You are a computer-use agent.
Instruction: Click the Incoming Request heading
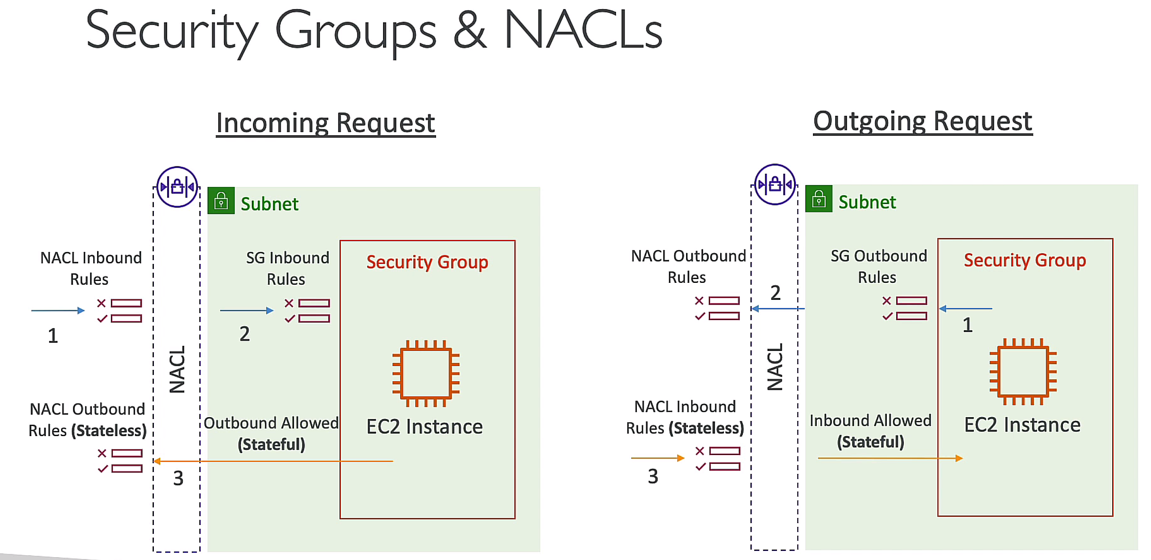[325, 123]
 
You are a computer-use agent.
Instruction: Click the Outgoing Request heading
[922, 121]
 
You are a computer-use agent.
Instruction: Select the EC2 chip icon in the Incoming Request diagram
[426, 374]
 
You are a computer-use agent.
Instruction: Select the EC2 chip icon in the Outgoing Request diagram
[1023, 372]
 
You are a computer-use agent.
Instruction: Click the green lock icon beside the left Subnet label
[221, 201]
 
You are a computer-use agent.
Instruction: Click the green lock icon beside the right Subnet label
[819, 199]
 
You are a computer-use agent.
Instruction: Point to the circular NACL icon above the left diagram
[177, 187]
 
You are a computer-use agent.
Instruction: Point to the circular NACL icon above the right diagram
[775, 184]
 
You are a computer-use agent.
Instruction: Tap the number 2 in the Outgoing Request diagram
[775, 293]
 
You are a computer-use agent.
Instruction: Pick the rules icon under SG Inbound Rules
[307, 311]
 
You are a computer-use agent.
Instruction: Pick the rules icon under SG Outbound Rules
[905, 308]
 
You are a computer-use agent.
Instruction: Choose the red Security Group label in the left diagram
[427, 262]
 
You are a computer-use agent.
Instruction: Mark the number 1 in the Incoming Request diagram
[53, 336]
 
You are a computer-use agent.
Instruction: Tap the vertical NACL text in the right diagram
[775, 367]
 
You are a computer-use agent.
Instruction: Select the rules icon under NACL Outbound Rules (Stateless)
[120, 461]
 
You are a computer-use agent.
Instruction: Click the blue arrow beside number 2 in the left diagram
[247, 311]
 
